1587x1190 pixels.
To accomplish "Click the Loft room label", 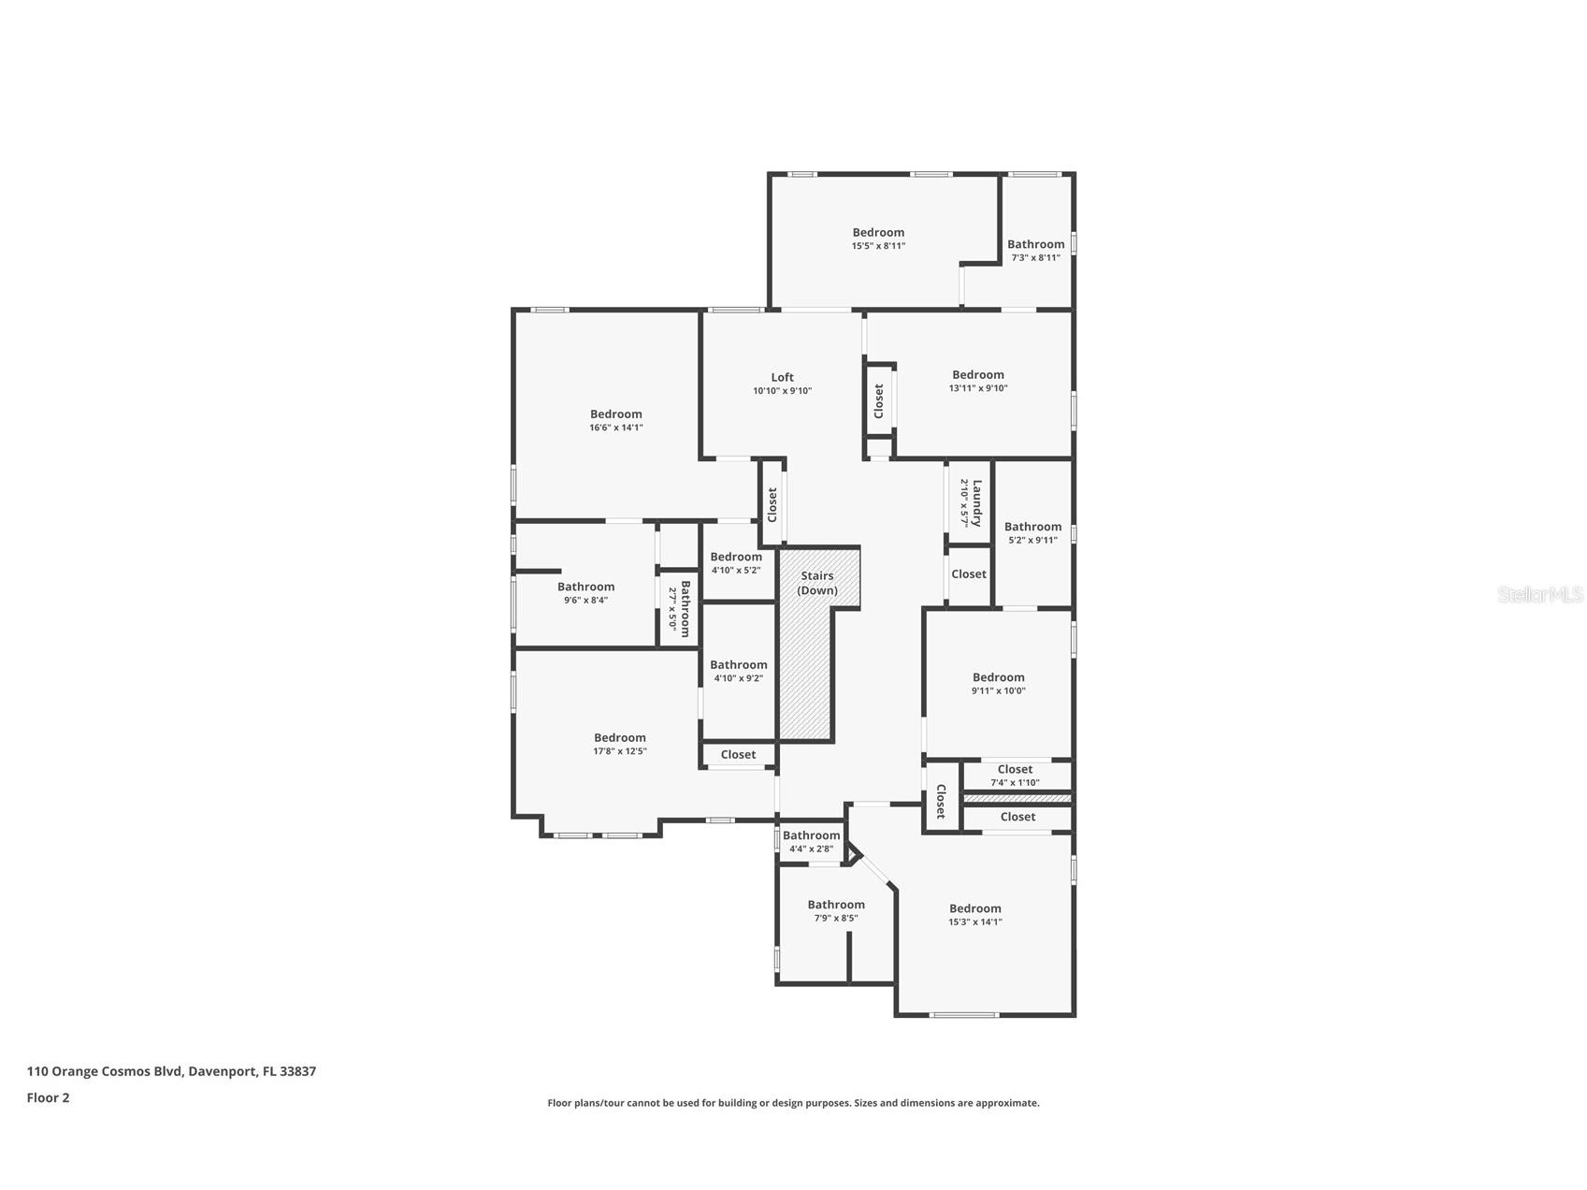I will tap(782, 378).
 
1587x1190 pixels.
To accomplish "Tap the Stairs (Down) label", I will tap(816, 583).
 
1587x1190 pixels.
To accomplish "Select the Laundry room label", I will tap(976, 503).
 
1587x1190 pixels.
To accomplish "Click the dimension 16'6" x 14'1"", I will tap(615, 428).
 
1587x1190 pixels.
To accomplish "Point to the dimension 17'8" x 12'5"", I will tap(619, 751).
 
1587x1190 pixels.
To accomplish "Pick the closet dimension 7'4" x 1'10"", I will tap(1015, 783).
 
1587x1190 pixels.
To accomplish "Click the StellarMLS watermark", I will tap(1539, 594).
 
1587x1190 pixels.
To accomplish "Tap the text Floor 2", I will tap(48, 1098).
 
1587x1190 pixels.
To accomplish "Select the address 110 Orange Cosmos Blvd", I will tap(171, 1071).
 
